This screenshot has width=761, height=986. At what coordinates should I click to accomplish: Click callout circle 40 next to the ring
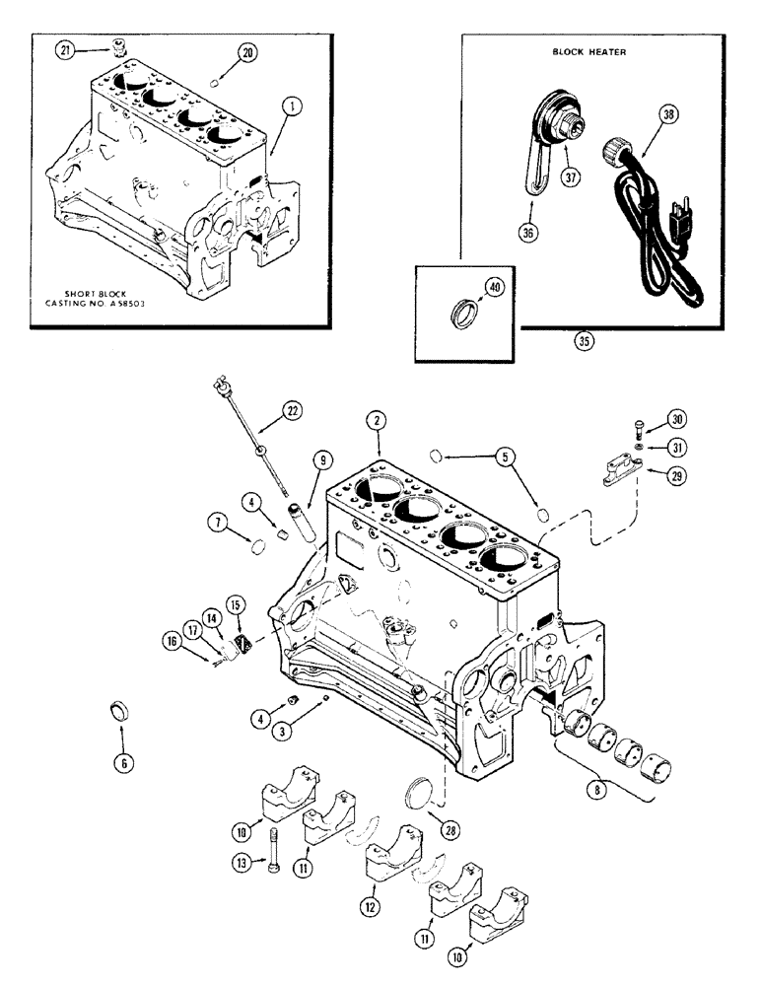pyautogui.click(x=493, y=288)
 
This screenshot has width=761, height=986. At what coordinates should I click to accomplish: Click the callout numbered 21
pyautogui.click(x=65, y=51)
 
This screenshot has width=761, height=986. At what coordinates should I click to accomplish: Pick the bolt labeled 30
pyautogui.click(x=641, y=427)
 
